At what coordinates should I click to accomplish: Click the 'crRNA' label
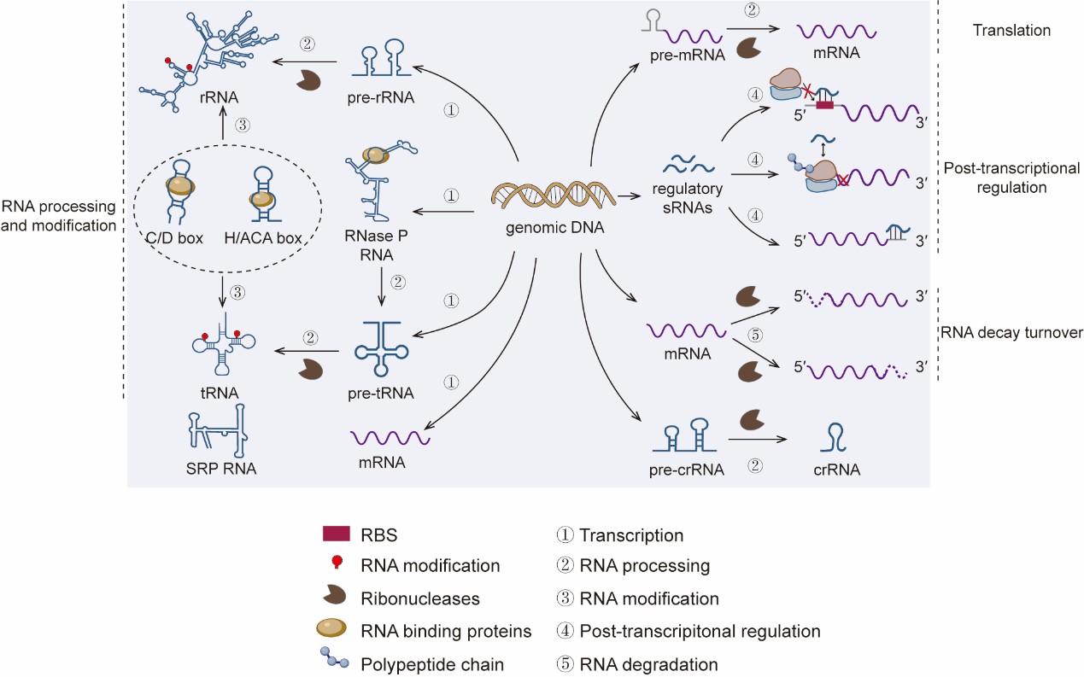pyautogui.click(x=837, y=470)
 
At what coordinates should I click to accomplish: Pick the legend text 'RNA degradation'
pyautogui.click(x=649, y=663)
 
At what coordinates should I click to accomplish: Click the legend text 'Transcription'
pyautogui.click(x=631, y=535)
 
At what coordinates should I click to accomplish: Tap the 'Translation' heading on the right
pyautogui.click(x=1011, y=31)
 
